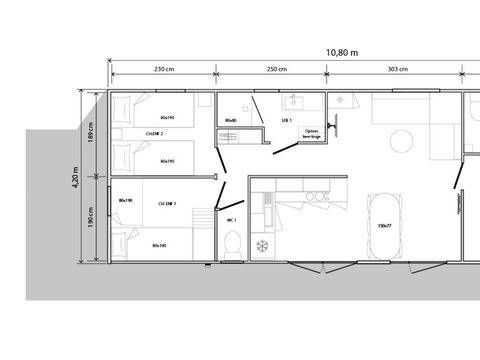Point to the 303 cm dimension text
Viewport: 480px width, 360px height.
[396, 69]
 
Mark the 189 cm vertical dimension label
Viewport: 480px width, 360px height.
[91, 133]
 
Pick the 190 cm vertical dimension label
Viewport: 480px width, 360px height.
[91, 216]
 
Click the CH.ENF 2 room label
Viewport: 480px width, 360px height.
[154, 132]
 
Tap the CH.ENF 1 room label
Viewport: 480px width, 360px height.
[168, 203]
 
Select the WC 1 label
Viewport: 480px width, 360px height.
[230, 219]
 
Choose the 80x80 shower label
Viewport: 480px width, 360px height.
[230, 121]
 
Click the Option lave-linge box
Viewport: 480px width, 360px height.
[312, 133]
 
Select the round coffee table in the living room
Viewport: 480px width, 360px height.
[400, 139]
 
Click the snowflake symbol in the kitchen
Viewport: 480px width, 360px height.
[263, 246]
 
